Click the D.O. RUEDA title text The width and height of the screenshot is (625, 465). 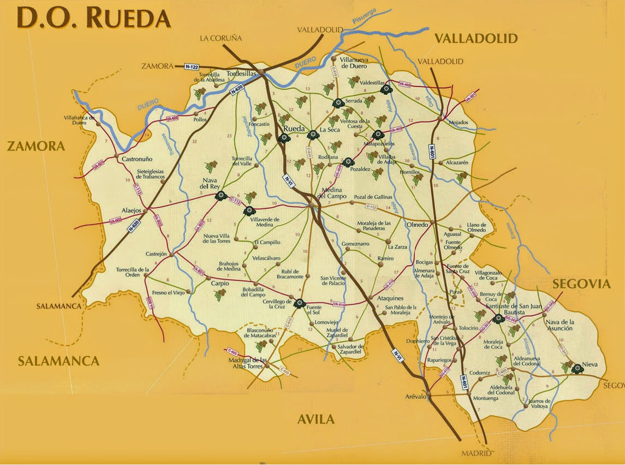(x=93, y=18)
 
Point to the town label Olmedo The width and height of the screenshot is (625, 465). (x=417, y=224)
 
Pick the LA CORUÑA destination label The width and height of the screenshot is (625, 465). (x=221, y=38)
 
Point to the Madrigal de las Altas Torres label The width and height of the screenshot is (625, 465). (x=248, y=363)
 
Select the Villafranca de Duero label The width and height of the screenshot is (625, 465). (x=80, y=120)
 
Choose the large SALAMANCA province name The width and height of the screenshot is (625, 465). (x=58, y=361)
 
